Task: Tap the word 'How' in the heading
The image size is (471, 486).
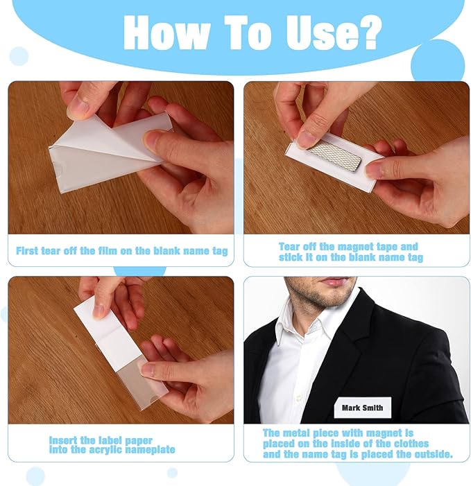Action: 166,32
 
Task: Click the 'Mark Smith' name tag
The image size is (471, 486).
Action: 362,407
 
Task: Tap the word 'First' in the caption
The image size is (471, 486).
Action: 27,250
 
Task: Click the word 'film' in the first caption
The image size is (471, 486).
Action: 108,250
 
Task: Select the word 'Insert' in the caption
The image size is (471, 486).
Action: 63,440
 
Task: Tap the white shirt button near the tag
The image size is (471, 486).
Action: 298,397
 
